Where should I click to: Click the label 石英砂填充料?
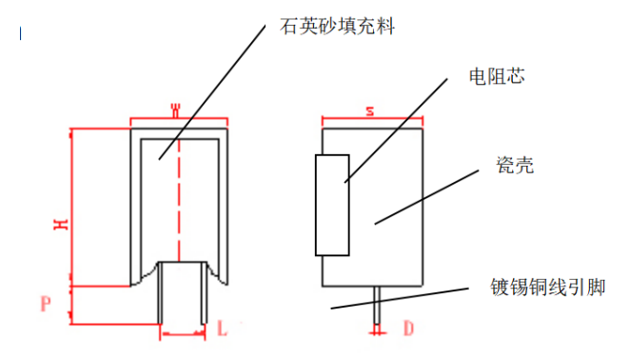[x=338, y=27]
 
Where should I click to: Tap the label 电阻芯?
[x=497, y=76]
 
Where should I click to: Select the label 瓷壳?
[x=515, y=165]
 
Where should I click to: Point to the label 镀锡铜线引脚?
[x=547, y=288]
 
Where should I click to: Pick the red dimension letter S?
[x=370, y=111]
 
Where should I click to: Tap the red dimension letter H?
[x=61, y=225]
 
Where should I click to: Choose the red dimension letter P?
[x=46, y=304]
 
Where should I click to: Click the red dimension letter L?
[x=222, y=328]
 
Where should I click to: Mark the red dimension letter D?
[x=408, y=329]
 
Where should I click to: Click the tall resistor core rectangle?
[x=332, y=205]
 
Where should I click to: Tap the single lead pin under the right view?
[x=377, y=305]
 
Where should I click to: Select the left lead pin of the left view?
[x=160, y=292]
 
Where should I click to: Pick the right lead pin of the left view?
[x=204, y=292]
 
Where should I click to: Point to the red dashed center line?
[x=179, y=200]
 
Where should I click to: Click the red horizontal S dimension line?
[x=372, y=118]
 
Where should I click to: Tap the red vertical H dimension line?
[x=71, y=208]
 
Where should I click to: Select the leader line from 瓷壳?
[x=426, y=197]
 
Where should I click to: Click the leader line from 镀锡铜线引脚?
[x=400, y=298]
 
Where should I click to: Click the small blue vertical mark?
[x=21, y=33]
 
